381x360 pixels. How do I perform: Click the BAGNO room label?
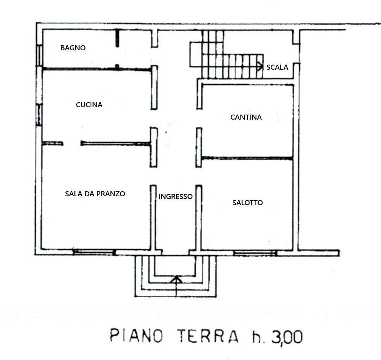point(73,48)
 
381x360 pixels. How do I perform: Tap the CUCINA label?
point(89,105)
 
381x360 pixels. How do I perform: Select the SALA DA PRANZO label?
point(95,194)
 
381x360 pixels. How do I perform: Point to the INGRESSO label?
point(175,196)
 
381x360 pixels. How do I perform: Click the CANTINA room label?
point(246,117)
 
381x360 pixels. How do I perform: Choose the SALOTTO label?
point(247,202)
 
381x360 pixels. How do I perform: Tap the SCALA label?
point(277,67)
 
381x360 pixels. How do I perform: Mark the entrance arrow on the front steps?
point(176,286)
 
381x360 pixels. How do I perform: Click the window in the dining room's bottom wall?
point(94,252)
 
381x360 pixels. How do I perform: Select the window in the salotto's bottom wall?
point(255,253)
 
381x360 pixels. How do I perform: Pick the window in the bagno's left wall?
point(39,56)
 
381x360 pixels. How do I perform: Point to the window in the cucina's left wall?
point(39,115)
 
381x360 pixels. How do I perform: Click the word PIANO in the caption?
point(136,336)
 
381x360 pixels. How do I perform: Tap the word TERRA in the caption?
point(208,336)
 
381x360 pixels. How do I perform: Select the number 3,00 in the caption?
point(287,337)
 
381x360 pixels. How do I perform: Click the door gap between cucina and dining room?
point(72,143)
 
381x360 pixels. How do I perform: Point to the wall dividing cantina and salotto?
point(247,158)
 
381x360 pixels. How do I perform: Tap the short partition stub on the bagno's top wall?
point(117,38)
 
